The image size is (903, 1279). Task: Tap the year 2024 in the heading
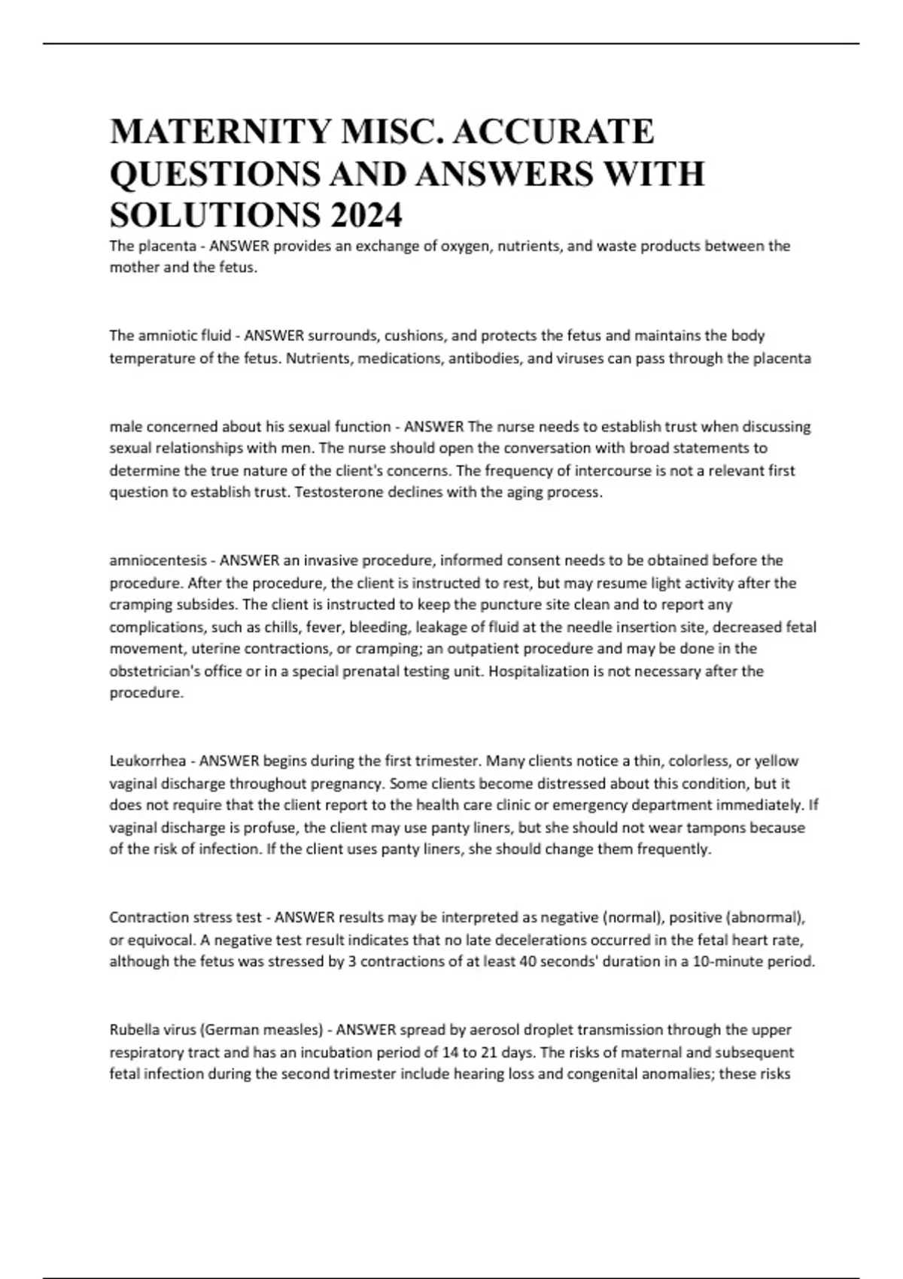[x=364, y=217]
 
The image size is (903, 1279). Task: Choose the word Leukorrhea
[x=147, y=761]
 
